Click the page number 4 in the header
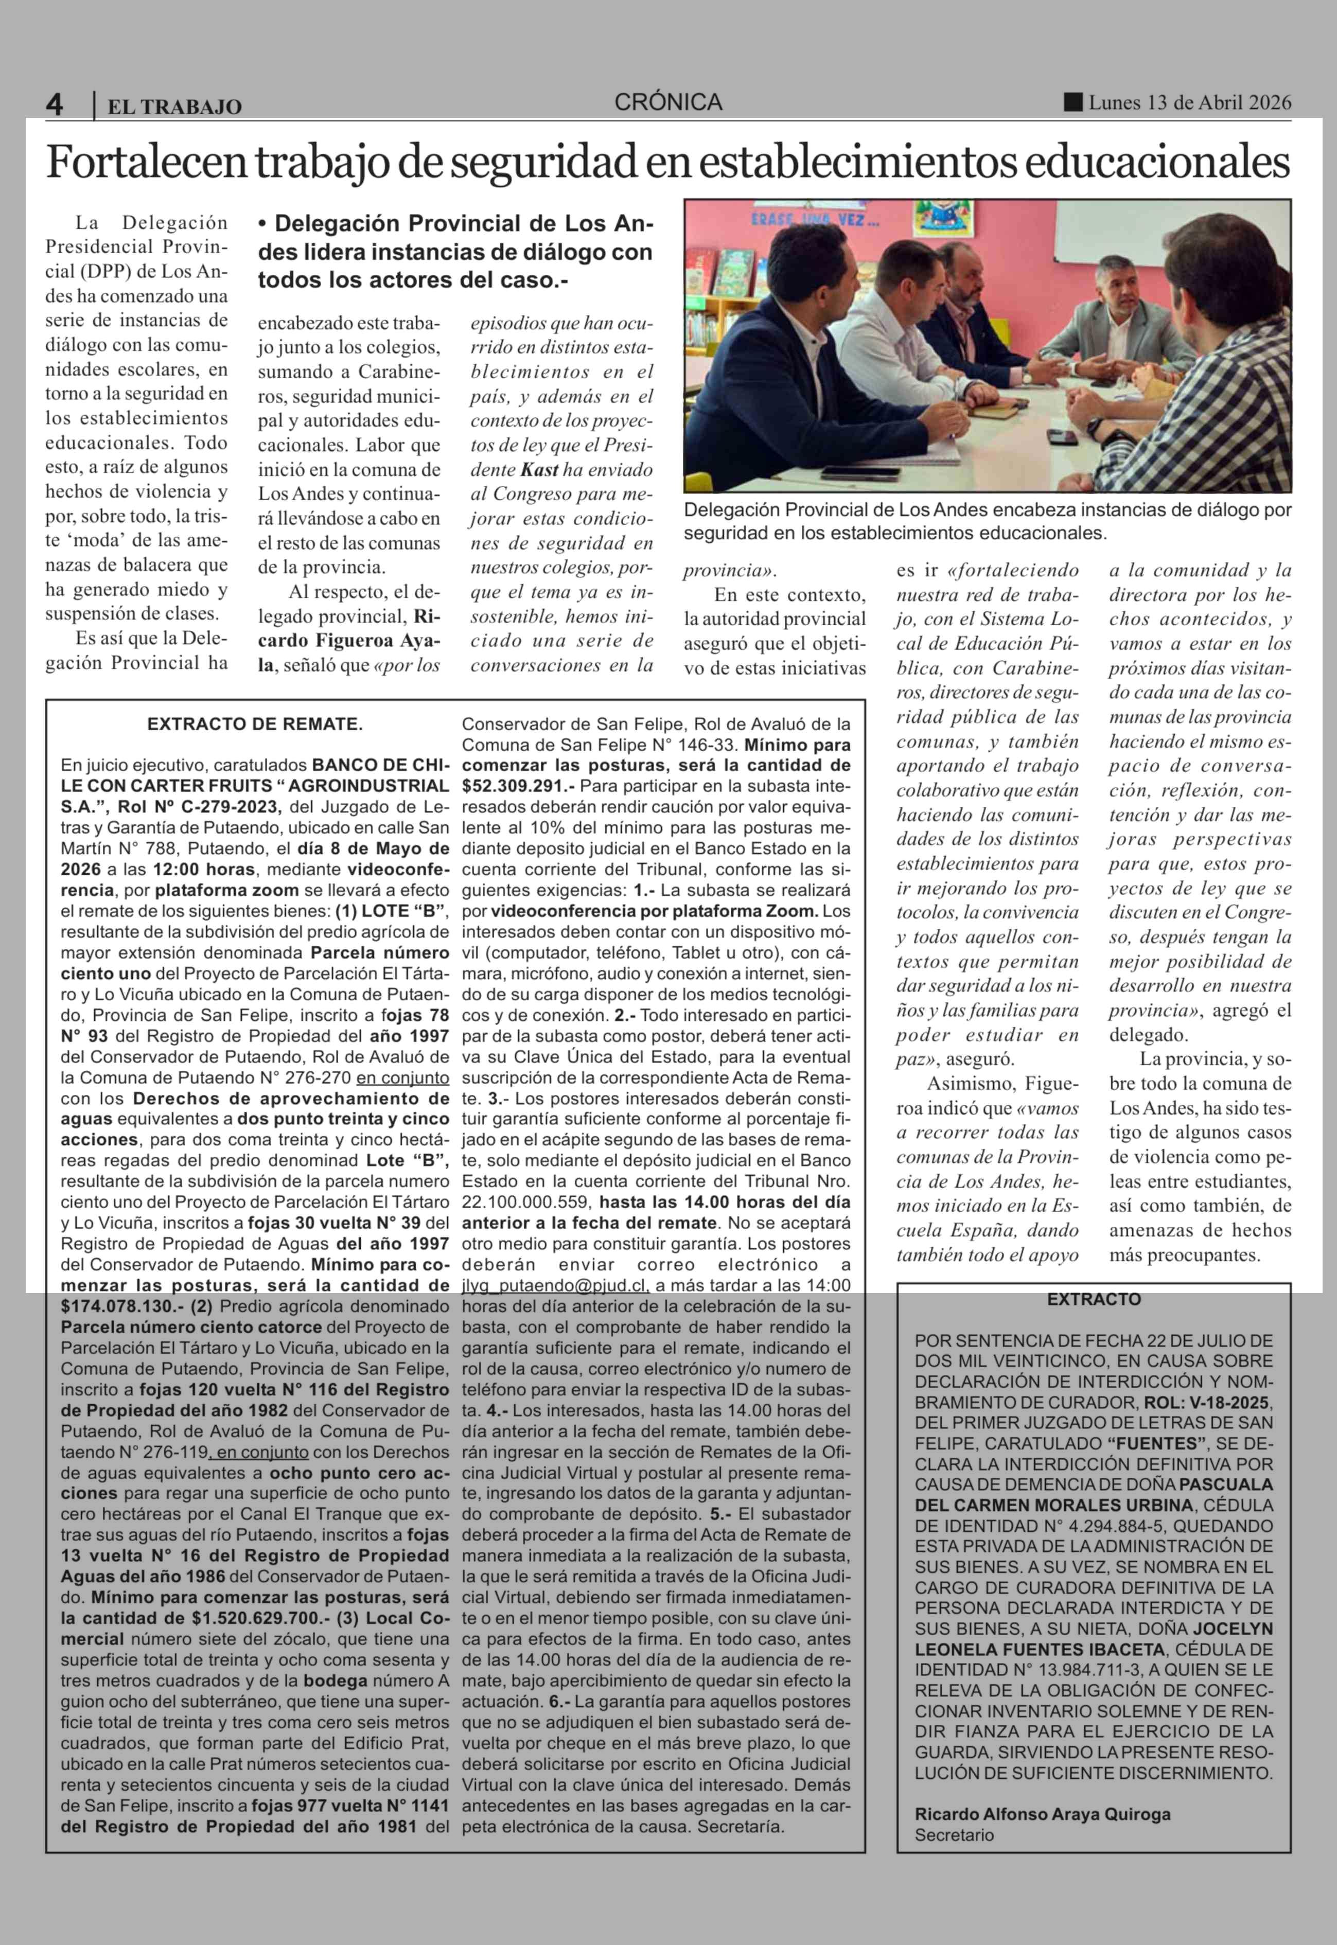click(55, 104)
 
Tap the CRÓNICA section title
click(667, 102)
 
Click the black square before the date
click(1072, 102)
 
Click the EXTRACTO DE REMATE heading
click(255, 724)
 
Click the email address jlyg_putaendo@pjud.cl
click(556, 1286)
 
